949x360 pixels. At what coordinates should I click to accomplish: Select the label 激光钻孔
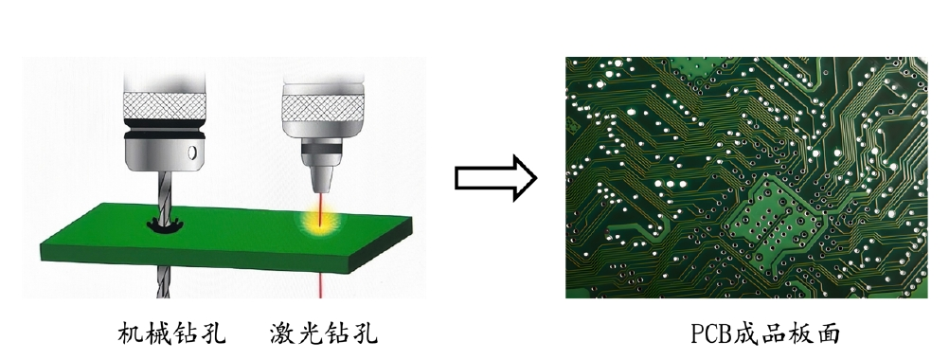[324, 333]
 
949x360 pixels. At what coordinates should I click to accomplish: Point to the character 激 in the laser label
[283, 333]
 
